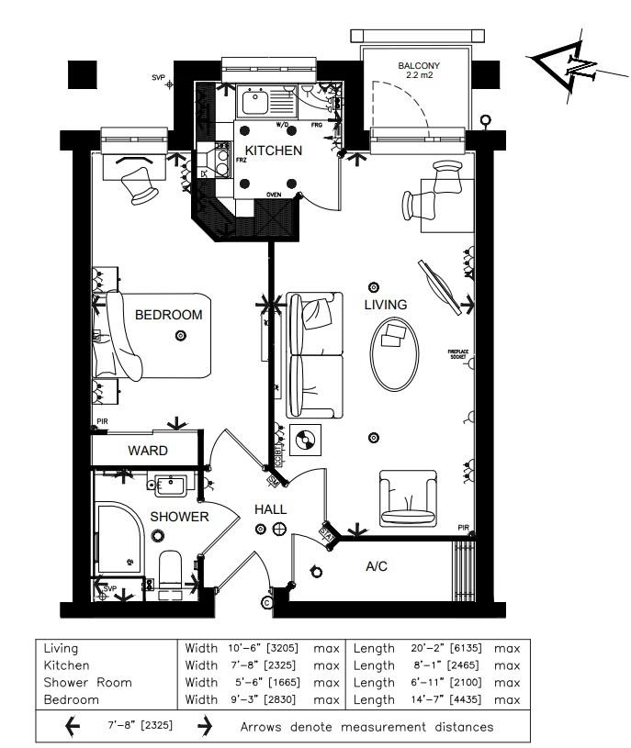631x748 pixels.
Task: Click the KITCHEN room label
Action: (273, 151)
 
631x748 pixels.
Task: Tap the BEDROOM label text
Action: (168, 315)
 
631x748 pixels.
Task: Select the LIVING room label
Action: (385, 305)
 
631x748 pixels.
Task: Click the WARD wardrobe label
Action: (147, 451)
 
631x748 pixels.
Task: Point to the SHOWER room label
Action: (179, 517)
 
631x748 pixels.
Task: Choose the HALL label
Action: (270, 509)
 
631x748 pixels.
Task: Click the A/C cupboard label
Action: (377, 566)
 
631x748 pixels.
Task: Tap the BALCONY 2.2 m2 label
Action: (418, 72)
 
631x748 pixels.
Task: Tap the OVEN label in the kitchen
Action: (273, 195)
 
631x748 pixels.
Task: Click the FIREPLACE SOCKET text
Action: (458, 354)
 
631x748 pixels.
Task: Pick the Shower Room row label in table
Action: (87, 682)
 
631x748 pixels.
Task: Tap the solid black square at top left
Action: (82, 74)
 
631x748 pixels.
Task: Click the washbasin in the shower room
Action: (171, 485)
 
